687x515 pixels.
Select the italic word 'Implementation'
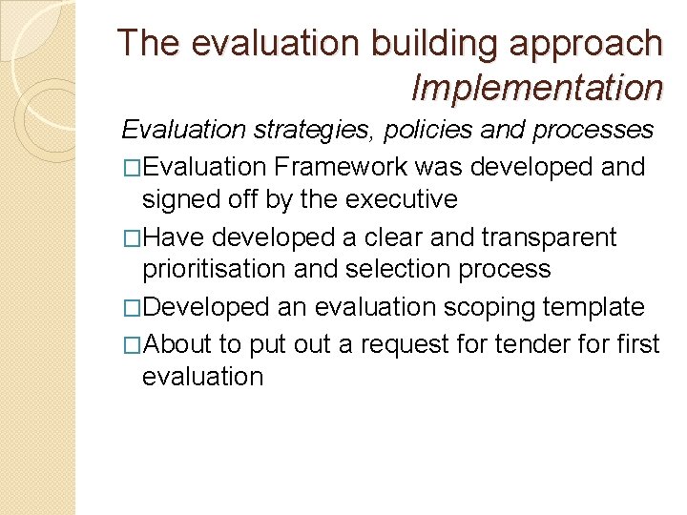[536, 88]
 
